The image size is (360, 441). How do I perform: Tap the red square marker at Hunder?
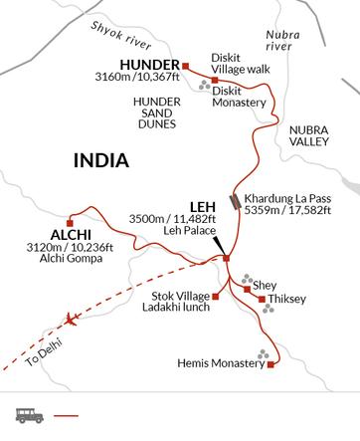[x=185, y=67]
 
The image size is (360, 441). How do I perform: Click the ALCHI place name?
[x=33, y=236]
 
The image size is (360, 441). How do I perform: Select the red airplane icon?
[x=70, y=321]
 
